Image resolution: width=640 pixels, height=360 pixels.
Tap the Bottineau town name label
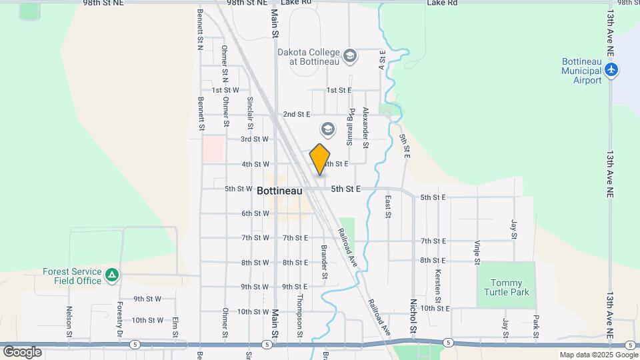(x=279, y=190)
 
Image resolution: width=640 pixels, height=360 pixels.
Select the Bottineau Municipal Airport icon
(x=612, y=69)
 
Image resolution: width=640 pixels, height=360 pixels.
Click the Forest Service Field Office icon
(x=112, y=275)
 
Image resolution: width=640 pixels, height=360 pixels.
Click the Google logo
(x=22, y=351)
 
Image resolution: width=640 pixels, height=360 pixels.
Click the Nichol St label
(x=413, y=317)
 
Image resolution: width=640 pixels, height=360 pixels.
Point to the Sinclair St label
(x=250, y=112)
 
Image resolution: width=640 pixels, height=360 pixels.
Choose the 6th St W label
(x=255, y=213)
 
